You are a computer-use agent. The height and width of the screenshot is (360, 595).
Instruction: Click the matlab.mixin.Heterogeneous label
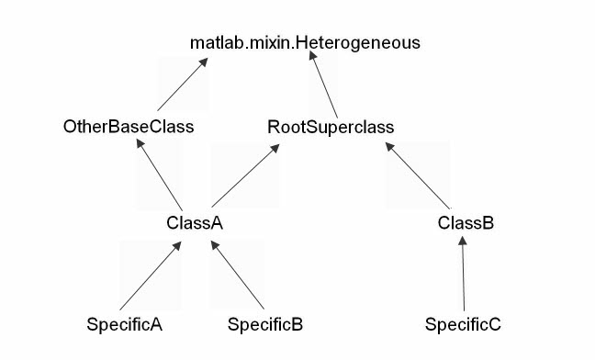305,42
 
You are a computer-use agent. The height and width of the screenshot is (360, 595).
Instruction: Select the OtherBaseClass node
129,127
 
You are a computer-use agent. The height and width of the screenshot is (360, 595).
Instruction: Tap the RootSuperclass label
331,127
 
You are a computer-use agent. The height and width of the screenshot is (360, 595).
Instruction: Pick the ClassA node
195,223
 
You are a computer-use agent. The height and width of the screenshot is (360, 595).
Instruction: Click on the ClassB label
466,223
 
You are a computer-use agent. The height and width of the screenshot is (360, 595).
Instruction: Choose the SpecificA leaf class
124,324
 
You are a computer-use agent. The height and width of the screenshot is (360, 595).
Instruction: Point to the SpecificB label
265,324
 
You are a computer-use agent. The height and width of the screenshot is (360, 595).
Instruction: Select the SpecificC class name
463,324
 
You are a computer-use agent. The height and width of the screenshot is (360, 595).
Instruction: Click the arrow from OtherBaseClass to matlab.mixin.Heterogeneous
182,84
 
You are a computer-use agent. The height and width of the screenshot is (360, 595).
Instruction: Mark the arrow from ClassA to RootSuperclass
244,175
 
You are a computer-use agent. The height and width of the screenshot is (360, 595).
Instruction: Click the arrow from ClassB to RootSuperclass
418,175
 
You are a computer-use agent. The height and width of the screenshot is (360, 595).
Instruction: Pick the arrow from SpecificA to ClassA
150,275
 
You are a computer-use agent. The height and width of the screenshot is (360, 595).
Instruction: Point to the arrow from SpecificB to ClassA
238,275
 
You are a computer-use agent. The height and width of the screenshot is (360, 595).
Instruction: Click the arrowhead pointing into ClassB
463,242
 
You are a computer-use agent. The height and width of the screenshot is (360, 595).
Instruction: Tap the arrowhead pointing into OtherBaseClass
140,145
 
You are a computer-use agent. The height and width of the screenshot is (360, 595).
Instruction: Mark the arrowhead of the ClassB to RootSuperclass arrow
388,147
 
